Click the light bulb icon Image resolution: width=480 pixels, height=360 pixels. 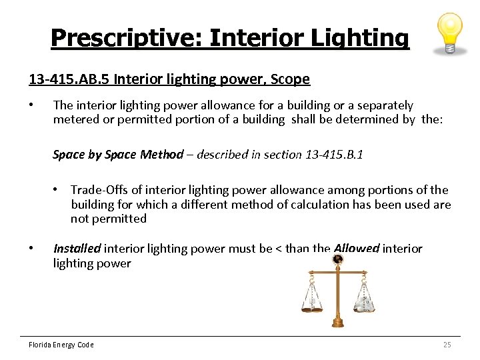tap(448, 33)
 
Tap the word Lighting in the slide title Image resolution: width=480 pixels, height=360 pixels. tap(363, 38)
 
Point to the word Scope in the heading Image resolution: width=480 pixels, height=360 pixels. tap(291, 79)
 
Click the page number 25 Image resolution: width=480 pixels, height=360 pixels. tap(447, 345)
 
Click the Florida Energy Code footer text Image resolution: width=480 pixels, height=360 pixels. tap(61, 345)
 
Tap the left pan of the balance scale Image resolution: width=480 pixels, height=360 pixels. tap(311, 297)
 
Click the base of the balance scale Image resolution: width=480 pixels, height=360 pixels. tap(337, 323)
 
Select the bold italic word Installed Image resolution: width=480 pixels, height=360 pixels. tap(77, 249)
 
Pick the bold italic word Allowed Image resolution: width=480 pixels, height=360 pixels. tap(357, 249)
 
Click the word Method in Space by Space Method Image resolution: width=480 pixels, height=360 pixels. tap(161, 155)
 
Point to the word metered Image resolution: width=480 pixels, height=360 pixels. tap(76, 119)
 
